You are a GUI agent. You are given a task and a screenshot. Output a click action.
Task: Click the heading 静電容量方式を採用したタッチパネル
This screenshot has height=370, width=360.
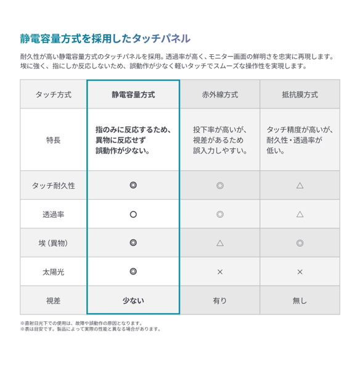(x=105, y=39)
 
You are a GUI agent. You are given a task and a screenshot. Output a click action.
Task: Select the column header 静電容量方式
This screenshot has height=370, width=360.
(x=133, y=95)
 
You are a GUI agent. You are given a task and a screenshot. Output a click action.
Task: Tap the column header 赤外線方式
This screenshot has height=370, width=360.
(x=220, y=95)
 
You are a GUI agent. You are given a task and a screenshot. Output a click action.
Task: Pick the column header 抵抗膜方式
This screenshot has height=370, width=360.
(x=300, y=95)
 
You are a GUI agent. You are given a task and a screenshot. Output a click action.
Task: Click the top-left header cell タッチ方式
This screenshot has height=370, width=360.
(x=53, y=95)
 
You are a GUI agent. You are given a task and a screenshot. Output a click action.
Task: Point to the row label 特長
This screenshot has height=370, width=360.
(x=53, y=140)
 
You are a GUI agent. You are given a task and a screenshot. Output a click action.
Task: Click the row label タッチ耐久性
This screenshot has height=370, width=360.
(x=53, y=185)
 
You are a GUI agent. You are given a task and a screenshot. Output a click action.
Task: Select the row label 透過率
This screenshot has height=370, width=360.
(x=53, y=214)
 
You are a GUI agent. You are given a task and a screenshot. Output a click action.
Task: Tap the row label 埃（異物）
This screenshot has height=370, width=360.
(x=53, y=243)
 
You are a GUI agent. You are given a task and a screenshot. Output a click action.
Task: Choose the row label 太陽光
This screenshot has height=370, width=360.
(x=53, y=271)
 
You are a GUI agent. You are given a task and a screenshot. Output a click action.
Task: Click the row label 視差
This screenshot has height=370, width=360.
(x=53, y=300)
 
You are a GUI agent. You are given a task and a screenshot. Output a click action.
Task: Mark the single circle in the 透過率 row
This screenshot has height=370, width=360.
(x=133, y=214)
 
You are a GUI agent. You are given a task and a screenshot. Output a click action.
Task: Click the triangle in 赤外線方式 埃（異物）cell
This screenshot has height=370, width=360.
(x=220, y=243)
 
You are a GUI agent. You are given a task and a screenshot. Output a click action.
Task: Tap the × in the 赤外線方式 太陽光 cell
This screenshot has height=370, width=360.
(x=220, y=271)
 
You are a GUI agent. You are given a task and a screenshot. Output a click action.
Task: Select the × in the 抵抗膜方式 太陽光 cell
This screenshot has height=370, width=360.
(x=300, y=271)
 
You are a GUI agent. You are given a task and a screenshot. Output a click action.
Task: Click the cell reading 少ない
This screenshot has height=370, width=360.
(x=133, y=300)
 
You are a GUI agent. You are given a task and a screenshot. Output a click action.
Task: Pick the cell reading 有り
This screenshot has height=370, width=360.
(x=220, y=300)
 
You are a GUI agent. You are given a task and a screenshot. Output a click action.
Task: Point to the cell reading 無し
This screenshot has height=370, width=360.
(x=300, y=300)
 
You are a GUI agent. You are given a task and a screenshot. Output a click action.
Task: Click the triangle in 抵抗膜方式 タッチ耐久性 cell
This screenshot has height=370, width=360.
(x=300, y=185)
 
